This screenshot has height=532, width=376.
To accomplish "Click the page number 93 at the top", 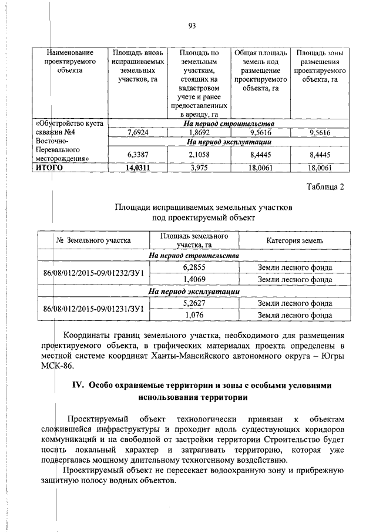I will click(192, 25).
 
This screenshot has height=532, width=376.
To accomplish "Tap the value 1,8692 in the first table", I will click(198, 133).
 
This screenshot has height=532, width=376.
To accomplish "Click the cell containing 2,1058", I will click(198, 155).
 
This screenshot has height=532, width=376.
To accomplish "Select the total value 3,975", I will click(198, 168).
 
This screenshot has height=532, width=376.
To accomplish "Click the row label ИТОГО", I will click(50, 168).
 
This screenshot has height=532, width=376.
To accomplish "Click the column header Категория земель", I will click(294, 241).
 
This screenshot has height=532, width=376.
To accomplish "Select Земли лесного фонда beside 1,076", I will click(294, 314).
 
